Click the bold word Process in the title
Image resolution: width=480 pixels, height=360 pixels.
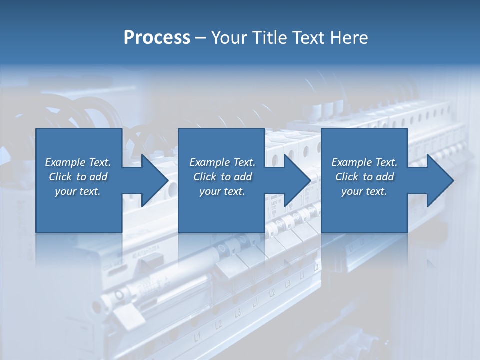(157, 38)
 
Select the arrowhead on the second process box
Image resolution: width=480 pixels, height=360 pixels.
(297, 180)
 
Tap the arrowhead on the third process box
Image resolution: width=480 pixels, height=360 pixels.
(439, 180)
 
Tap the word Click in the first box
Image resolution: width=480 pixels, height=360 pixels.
(61, 177)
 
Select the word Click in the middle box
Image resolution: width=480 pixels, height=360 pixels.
(205, 177)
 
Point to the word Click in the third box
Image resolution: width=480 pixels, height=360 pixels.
(347, 177)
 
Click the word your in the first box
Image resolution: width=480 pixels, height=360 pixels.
(65, 192)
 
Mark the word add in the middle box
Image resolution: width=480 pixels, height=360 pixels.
(243, 177)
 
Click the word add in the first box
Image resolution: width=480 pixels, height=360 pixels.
(98, 177)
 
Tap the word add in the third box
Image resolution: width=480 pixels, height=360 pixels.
(385, 177)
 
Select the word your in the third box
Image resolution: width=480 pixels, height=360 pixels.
(351, 192)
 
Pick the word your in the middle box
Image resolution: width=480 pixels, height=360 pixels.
(209, 192)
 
